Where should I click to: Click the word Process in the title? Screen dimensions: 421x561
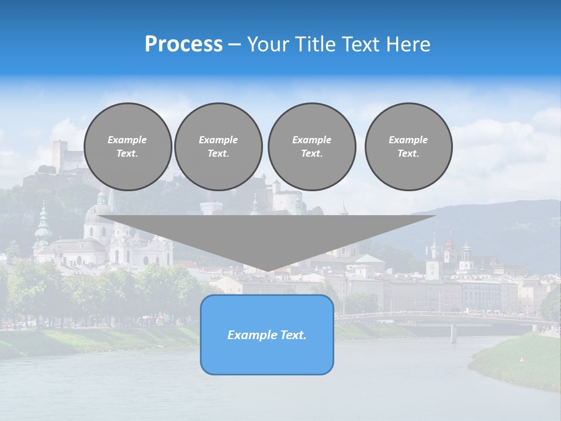[183, 44]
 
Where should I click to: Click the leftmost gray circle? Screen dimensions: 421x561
[127, 147]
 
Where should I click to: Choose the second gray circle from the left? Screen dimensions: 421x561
[218, 147]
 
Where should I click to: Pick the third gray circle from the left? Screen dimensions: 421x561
[311, 147]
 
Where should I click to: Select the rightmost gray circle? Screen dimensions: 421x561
[408, 147]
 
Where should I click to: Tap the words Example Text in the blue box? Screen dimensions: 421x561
[267, 335]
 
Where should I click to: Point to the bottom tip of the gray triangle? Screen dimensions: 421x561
[267, 270]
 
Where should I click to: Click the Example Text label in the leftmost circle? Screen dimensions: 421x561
[127, 147]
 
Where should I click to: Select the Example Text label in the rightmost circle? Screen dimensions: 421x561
[408, 147]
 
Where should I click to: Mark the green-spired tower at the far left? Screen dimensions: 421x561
[43, 225]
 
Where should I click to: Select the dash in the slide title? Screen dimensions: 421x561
[234, 44]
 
